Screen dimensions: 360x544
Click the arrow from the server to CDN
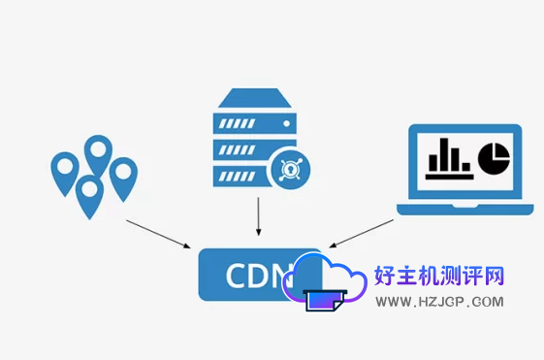259,215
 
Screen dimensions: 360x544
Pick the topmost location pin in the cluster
98,154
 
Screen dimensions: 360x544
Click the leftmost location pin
64,173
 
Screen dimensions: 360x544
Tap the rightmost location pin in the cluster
123,177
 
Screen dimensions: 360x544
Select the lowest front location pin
89,194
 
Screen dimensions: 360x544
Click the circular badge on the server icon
287,170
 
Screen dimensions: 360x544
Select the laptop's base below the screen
464,207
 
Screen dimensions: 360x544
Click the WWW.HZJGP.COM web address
439,302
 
